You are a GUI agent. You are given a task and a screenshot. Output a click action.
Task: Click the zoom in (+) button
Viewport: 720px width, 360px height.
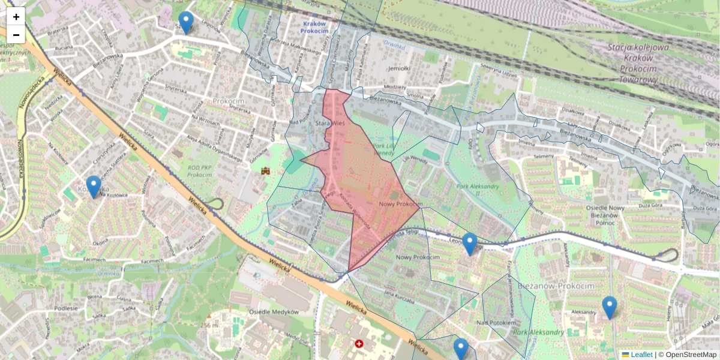coord(16,16)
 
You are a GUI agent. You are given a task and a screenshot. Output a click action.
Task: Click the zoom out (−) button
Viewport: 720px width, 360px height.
coord(16,34)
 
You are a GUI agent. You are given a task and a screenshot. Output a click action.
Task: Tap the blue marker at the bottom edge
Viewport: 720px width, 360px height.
coord(461,349)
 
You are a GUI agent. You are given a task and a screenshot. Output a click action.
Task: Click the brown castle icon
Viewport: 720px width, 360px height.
coord(265,172)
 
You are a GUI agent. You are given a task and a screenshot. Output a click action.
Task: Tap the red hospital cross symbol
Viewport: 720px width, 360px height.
coord(359,344)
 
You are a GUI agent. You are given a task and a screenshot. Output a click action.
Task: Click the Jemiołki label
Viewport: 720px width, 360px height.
coord(399,68)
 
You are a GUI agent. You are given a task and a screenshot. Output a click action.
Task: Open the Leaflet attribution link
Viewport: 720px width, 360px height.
coord(641,355)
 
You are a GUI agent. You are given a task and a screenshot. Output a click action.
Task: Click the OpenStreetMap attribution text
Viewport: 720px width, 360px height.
coord(691,355)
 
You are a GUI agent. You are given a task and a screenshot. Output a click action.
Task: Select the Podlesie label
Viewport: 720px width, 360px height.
coord(67,308)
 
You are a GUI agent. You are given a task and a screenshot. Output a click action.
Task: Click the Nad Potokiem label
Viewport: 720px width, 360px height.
coord(496,323)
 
